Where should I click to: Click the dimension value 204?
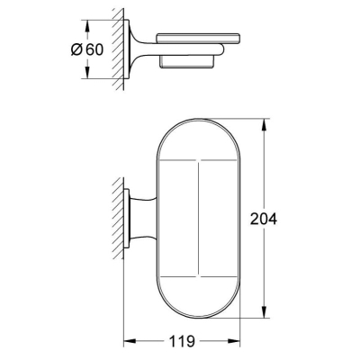[x=264, y=219]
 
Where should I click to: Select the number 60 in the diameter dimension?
[x=94, y=49]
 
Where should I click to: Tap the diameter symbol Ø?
[x=76, y=49]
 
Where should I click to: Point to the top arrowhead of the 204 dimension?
[x=264, y=125]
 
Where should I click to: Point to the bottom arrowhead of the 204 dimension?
[x=264, y=311]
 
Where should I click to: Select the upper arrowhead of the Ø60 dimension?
[x=87, y=26]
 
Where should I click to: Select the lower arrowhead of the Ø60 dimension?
[x=87, y=72]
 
